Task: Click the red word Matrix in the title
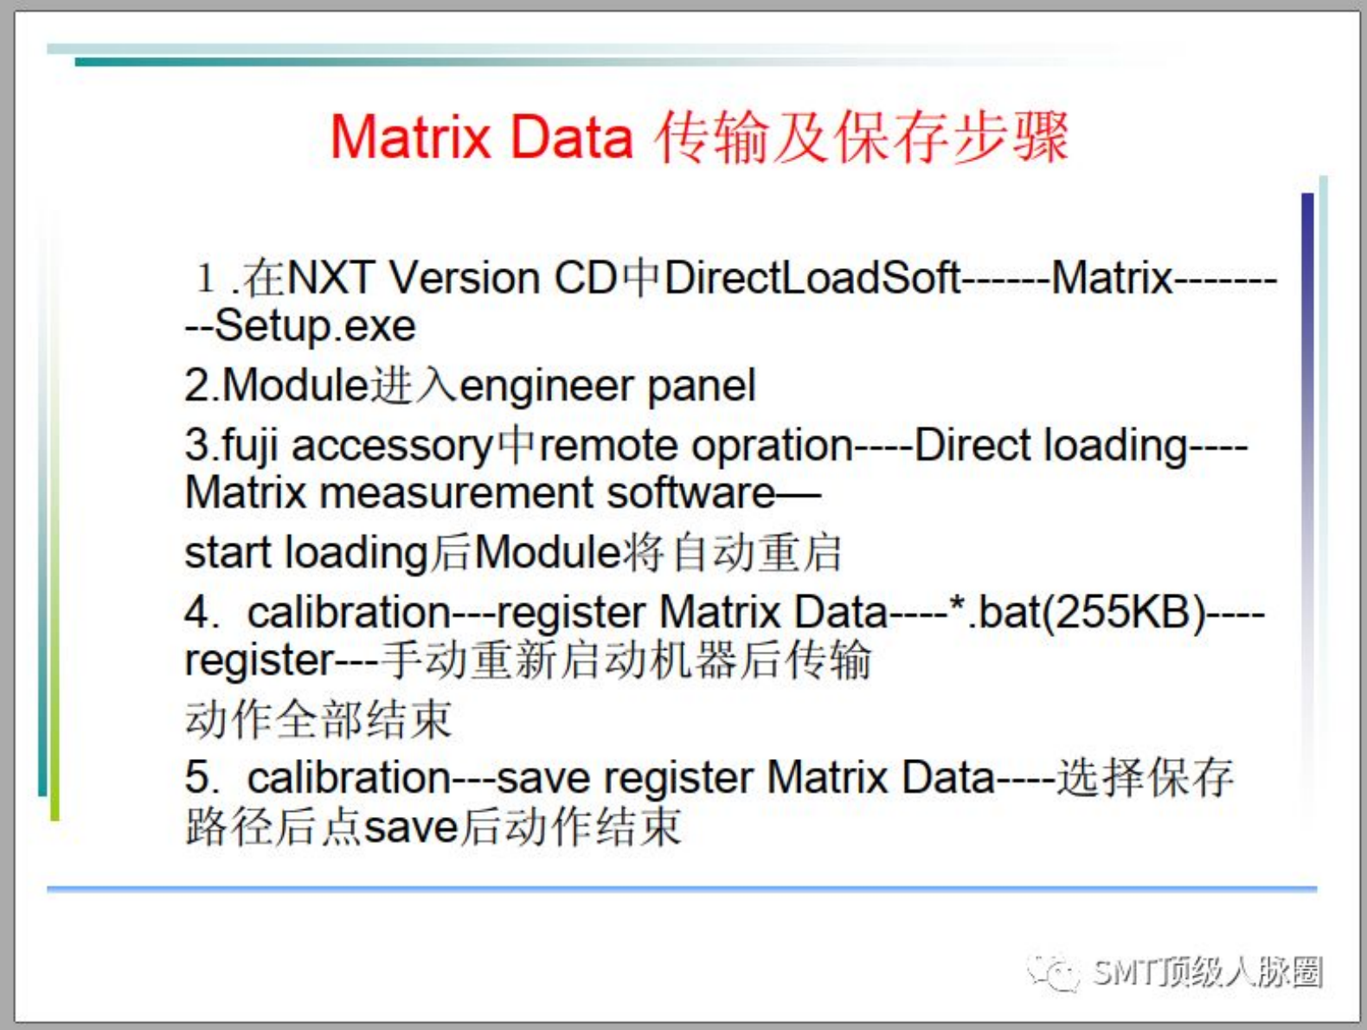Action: click(410, 137)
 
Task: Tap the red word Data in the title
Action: click(571, 137)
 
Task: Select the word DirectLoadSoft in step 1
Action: click(812, 278)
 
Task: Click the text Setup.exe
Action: click(315, 326)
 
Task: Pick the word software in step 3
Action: click(691, 493)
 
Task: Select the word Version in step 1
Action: click(464, 278)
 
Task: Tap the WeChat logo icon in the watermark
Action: click(1053, 971)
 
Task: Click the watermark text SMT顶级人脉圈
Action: click(1207, 971)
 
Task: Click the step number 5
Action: click(198, 777)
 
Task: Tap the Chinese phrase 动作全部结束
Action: click(318, 719)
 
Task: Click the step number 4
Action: click(198, 613)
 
